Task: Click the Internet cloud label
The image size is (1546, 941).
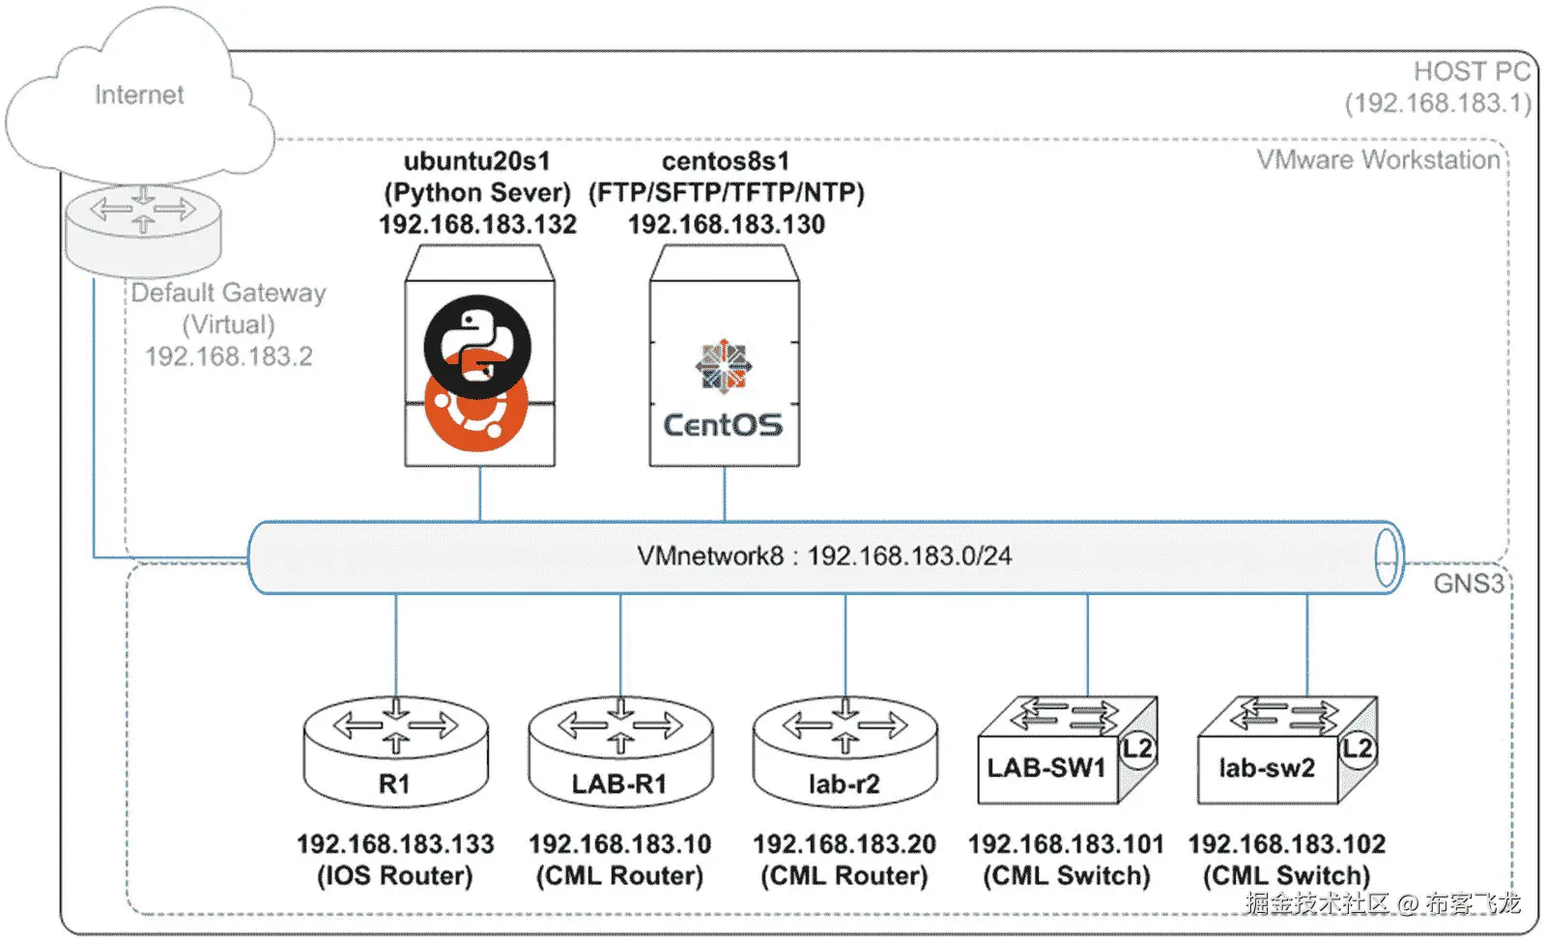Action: click(139, 95)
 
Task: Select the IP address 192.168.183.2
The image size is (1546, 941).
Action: click(229, 356)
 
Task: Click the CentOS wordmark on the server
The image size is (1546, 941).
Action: click(723, 425)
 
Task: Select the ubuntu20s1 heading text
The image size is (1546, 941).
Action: click(476, 160)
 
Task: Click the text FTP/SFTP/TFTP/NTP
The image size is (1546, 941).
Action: click(727, 192)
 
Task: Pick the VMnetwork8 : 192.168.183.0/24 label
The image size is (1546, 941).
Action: click(824, 556)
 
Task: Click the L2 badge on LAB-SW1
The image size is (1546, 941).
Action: click(1137, 749)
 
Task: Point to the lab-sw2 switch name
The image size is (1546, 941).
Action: click(1267, 768)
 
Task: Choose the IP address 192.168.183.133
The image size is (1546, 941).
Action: click(395, 844)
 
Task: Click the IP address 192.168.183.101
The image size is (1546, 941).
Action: click(1066, 844)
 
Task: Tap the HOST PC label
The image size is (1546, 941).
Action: click(1472, 71)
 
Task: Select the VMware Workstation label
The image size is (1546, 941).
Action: click(1378, 159)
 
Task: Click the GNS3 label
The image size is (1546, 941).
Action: click(1468, 584)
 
